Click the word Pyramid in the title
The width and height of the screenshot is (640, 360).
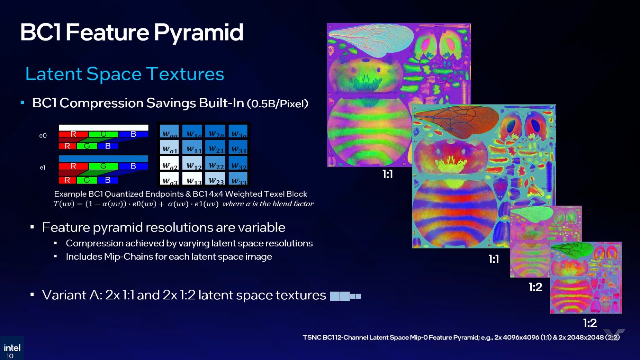click(x=198, y=33)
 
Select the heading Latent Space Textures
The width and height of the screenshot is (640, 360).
click(x=125, y=74)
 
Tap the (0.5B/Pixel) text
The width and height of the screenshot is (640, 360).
click(x=277, y=103)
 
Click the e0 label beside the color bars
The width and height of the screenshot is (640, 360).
click(x=43, y=136)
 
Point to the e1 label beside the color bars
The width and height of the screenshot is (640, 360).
click(x=42, y=168)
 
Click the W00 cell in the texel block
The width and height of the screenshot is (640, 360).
click(x=169, y=132)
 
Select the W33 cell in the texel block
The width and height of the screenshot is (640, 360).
click(x=238, y=179)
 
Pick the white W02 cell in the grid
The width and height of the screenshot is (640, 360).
click(x=169, y=164)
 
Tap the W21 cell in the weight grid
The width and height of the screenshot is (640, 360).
click(x=216, y=148)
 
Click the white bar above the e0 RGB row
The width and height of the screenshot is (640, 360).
click(x=103, y=128)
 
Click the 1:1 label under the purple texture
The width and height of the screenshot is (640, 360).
click(x=387, y=174)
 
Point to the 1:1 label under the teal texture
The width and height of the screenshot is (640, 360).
click(x=494, y=259)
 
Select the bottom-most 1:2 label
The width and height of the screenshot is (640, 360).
click(x=590, y=323)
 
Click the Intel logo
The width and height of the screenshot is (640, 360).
click(x=12, y=348)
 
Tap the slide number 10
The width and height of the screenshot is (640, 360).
click(x=10, y=356)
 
